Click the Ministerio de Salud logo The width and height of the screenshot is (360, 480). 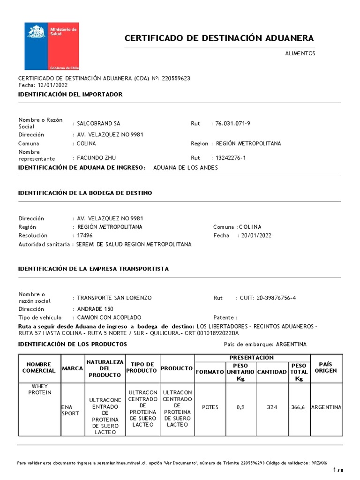click(52, 46)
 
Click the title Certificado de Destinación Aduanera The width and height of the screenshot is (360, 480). click(219, 38)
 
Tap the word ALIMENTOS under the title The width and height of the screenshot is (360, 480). click(300, 53)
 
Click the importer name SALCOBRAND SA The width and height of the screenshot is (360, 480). click(98, 124)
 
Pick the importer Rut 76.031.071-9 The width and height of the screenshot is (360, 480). click(233, 124)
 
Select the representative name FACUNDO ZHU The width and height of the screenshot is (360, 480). click(97, 158)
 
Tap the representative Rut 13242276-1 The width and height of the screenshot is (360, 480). click(230, 158)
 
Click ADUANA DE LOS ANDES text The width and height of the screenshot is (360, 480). click(186, 168)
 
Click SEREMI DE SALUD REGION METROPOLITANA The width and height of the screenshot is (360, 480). click(134, 245)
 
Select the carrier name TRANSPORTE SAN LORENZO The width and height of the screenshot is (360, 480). click(114, 298)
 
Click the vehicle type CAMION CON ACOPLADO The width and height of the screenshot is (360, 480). click(109, 317)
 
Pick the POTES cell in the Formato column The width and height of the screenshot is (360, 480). click(210, 407)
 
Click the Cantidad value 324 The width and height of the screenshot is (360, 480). click(272, 407)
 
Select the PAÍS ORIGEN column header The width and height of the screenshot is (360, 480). click(326, 367)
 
